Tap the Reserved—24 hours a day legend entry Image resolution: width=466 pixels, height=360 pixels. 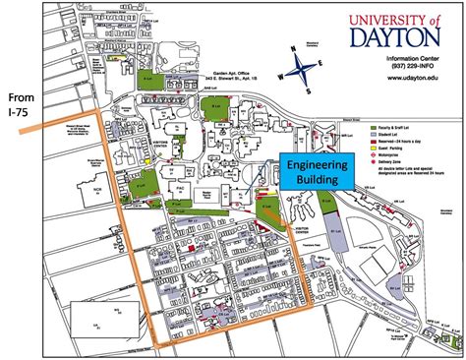[x=407, y=142]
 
